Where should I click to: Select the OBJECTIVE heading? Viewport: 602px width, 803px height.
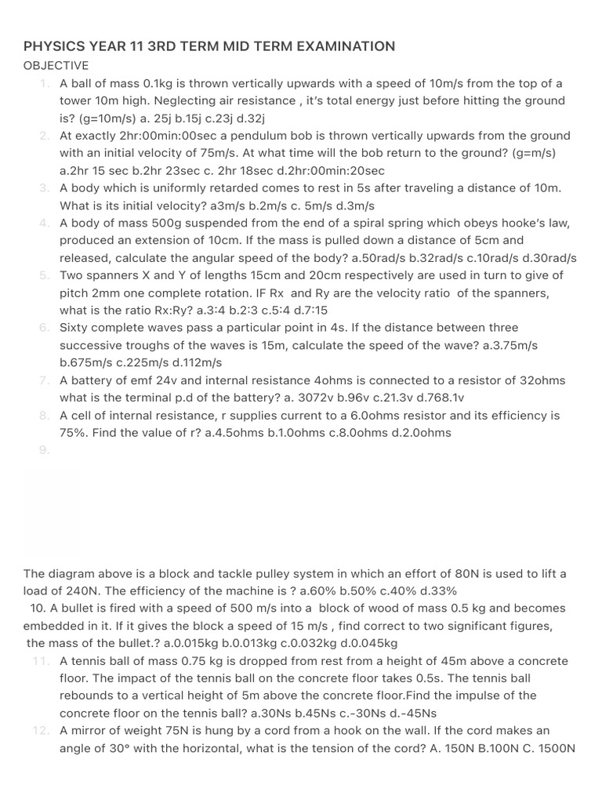(56, 66)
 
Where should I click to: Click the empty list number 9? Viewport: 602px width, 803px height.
(44, 450)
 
